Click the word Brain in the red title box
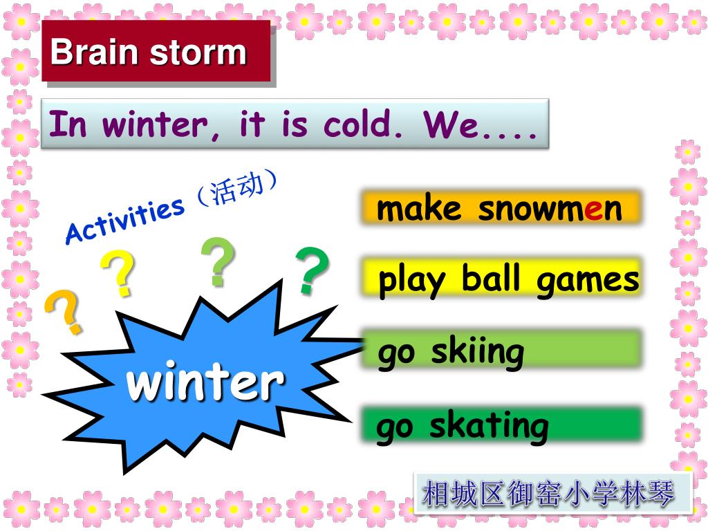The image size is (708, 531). pyautogui.click(x=93, y=51)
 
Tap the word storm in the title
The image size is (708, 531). pyautogui.click(x=198, y=53)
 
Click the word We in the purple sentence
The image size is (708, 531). pyautogui.click(x=451, y=124)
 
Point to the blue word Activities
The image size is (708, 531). pyautogui.click(x=125, y=221)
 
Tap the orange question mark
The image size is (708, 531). pyautogui.click(x=64, y=312)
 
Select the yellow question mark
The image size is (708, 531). pyautogui.click(x=118, y=273)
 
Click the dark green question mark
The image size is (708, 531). pyautogui.click(x=312, y=270)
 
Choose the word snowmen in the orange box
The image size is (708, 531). pyautogui.click(x=550, y=209)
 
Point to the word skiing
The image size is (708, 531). pyautogui.click(x=478, y=353)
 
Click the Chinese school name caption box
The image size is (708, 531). pyautogui.click(x=552, y=493)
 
